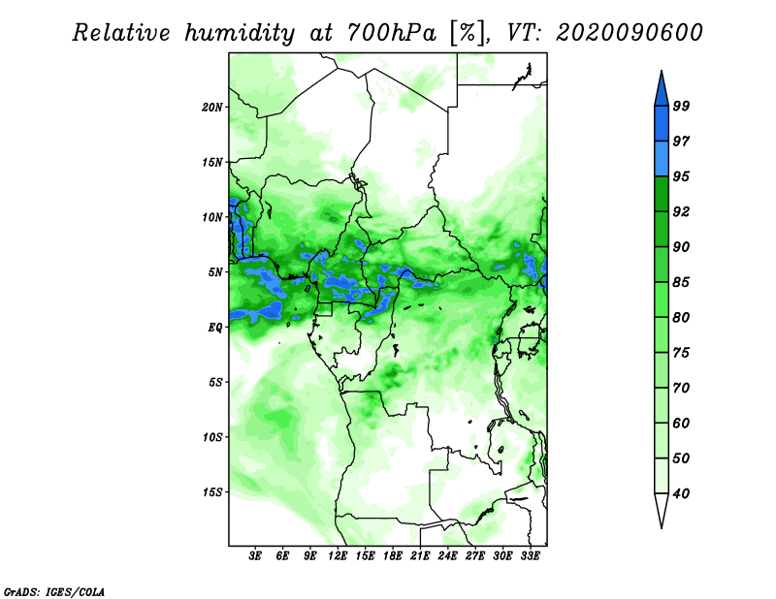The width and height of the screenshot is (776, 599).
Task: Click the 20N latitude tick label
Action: (212, 108)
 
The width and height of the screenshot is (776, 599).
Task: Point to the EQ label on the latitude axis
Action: (215, 328)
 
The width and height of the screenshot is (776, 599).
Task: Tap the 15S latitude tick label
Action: (212, 492)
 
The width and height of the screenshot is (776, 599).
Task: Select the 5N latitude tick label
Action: (215, 272)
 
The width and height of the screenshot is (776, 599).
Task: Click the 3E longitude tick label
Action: (255, 556)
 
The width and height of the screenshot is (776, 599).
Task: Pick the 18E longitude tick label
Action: (393, 556)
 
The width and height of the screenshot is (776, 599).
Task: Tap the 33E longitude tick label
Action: (530, 556)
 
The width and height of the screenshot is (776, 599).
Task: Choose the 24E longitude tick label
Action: (447, 556)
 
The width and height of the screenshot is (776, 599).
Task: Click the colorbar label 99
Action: (681, 106)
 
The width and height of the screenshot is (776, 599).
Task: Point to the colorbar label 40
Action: (681, 493)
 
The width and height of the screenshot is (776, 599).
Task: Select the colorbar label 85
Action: (681, 282)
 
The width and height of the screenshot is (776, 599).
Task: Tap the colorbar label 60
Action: (681, 423)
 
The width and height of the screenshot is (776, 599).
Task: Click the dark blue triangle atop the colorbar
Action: (662, 91)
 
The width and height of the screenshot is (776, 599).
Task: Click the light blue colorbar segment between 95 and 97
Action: (662, 159)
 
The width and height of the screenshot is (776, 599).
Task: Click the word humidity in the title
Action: (240, 33)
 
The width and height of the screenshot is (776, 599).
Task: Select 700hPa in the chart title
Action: (392, 33)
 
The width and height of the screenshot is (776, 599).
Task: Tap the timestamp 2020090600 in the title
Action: (630, 33)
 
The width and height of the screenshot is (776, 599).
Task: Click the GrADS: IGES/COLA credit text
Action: (54, 591)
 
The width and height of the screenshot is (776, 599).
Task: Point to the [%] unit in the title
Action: (468, 33)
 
